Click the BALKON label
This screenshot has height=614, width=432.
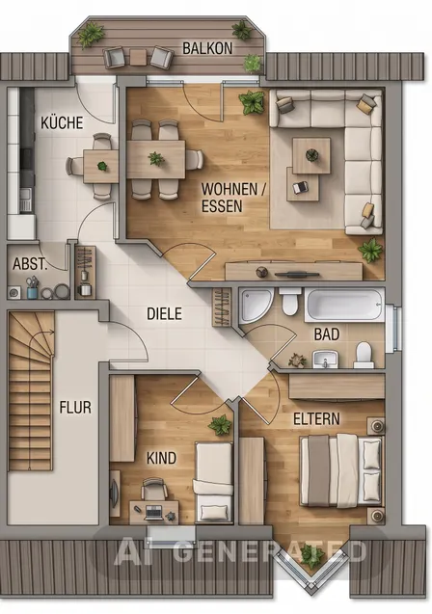tap(207, 48)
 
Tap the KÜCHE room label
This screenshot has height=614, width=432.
tap(62, 122)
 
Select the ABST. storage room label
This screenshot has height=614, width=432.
tap(30, 263)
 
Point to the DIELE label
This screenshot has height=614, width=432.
tap(164, 313)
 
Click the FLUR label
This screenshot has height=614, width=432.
tap(75, 407)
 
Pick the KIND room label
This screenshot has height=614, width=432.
tap(161, 458)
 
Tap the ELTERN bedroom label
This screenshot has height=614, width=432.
tap(316, 419)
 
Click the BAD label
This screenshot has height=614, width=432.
tap(327, 334)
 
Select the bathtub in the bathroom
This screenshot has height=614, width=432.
tap(344, 306)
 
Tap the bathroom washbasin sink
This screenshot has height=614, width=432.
tap(325, 360)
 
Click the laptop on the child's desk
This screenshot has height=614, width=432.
tap(153, 512)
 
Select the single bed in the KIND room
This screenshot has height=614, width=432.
tap(214, 482)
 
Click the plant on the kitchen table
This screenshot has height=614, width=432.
tap(102, 166)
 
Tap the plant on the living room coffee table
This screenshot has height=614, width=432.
tap(311, 155)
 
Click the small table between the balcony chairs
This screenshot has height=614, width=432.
tap(138, 57)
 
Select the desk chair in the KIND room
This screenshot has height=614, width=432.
tap(153, 489)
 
